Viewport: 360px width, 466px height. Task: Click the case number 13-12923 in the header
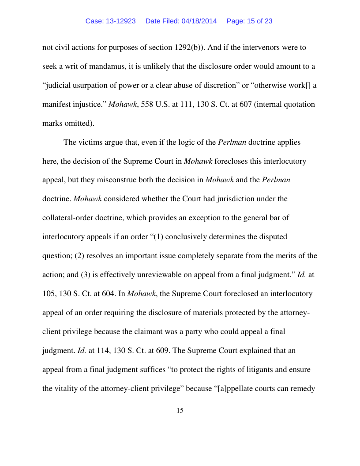[121, 21]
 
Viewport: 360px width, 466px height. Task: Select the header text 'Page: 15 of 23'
[249, 21]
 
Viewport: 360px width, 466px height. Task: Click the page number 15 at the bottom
[180, 410]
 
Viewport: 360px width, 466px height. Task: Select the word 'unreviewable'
[126, 275]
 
